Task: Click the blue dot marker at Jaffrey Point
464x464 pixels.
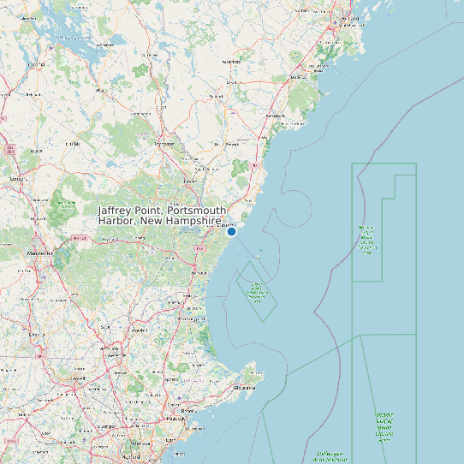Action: [231, 231]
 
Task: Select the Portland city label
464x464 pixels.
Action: [350, 18]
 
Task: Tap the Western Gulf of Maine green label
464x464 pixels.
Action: [367, 240]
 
